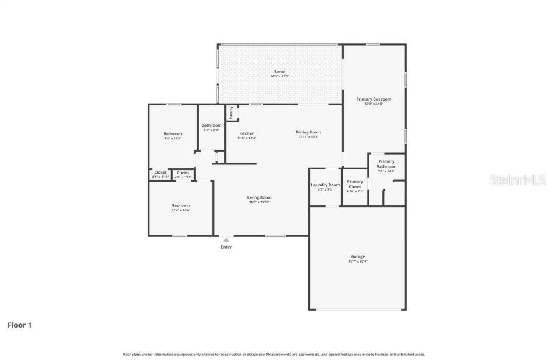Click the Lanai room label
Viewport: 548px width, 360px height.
[x=280, y=72]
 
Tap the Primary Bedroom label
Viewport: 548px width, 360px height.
[x=374, y=99]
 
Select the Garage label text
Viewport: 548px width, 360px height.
[x=358, y=256]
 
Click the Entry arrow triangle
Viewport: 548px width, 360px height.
[x=226, y=240]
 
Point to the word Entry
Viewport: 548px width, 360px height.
[x=226, y=247]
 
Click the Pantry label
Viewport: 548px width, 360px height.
[x=231, y=113]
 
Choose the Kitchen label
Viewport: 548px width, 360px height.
[x=247, y=133]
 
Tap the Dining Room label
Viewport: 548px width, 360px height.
[x=308, y=132]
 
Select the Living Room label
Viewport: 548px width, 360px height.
[x=259, y=197]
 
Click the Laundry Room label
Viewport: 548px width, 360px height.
[x=326, y=185]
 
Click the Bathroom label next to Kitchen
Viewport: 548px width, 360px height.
[x=212, y=125]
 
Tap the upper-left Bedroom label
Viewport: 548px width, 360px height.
[x=173, y=134]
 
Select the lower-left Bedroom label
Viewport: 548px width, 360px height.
[x=180, y=206]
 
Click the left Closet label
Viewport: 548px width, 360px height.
[x=160, y=172]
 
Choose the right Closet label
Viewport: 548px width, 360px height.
[x=183, y=172]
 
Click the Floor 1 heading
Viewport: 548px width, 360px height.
[x=20, y=325]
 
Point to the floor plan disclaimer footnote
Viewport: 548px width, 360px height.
[x=274, y=354]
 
